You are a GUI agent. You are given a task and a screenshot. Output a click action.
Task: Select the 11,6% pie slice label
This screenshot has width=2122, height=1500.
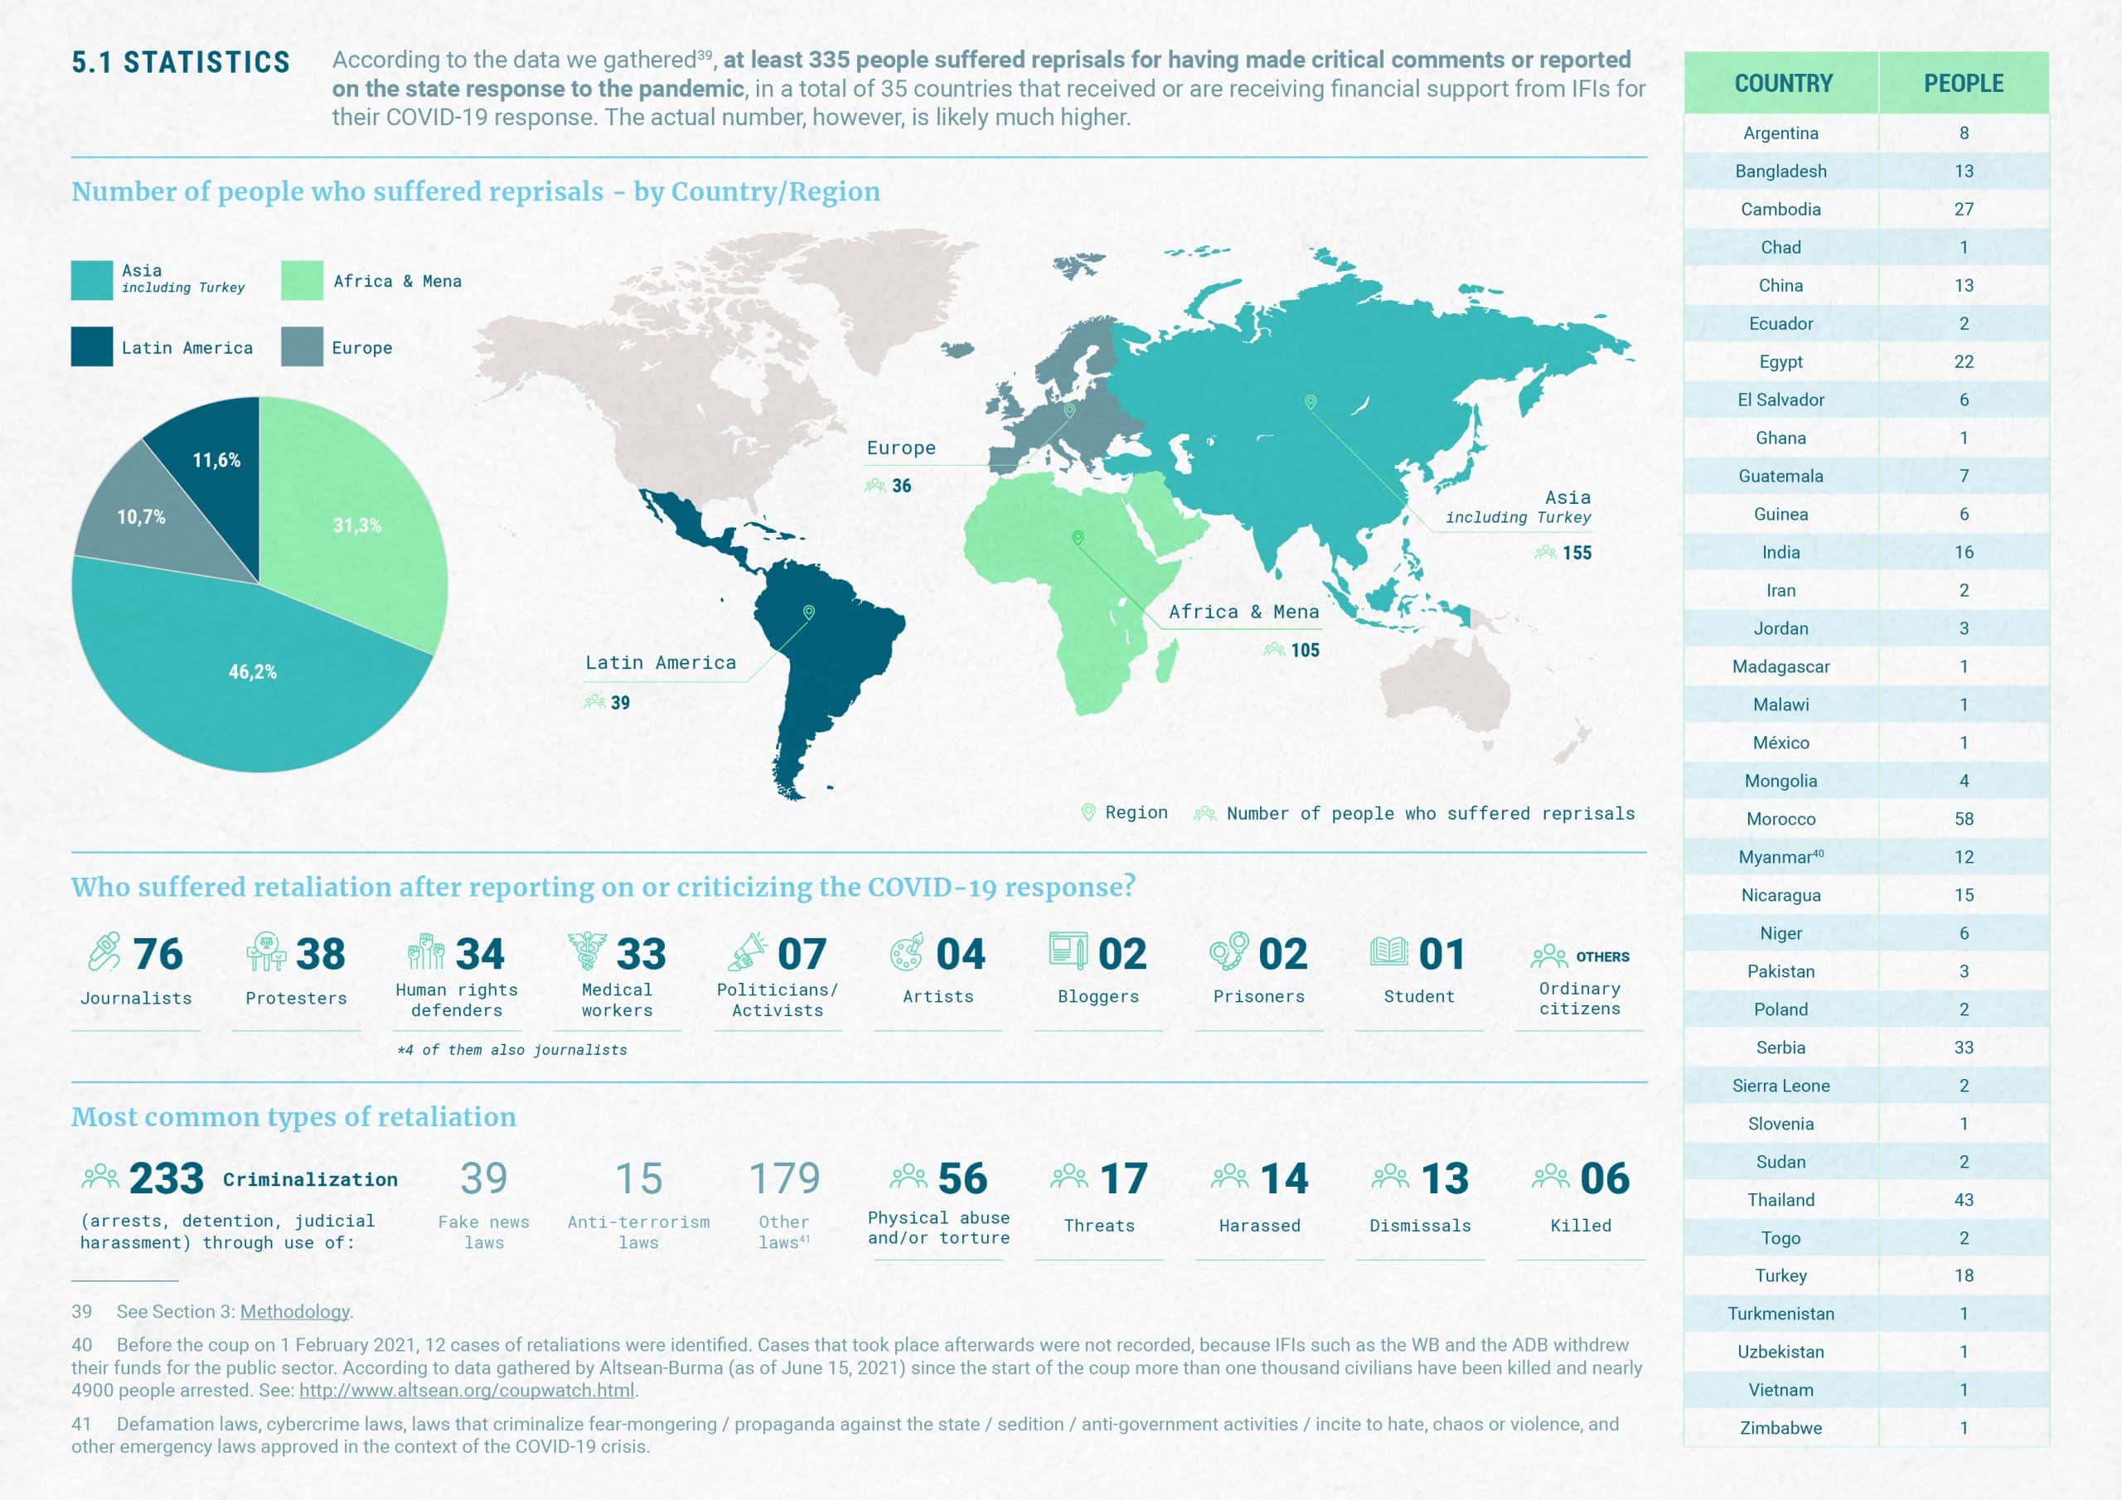[216, 460]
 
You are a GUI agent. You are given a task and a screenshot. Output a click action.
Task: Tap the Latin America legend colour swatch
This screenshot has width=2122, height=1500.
[91, 346]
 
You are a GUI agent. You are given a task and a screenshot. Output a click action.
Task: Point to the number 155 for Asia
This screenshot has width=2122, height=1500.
[1577, 553]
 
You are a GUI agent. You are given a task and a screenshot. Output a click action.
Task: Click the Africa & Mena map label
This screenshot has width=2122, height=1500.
[1243, 612]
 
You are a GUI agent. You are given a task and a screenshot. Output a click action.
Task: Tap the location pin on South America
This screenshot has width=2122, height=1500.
[809, 612]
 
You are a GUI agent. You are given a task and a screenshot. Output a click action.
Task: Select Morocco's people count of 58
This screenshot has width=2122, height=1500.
[1963, 819]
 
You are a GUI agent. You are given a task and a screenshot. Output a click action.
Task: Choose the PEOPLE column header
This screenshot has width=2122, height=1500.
[1963, 83]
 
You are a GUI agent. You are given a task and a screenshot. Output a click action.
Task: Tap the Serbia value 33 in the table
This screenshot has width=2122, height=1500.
[1963, 1048]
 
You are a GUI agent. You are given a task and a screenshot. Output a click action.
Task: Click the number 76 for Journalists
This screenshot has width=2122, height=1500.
[158, 954]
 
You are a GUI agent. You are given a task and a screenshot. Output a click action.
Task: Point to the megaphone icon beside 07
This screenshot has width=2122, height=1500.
[748, 952]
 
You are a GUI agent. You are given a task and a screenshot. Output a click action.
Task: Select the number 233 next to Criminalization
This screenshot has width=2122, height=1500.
[167, 1178]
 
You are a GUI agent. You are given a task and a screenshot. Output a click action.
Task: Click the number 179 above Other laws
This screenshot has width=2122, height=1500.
[784, 1178]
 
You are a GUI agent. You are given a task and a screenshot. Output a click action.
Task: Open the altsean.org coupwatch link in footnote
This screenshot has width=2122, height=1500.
[467, 1390]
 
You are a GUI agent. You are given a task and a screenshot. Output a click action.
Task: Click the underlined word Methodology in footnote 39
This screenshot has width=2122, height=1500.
[295, 1311]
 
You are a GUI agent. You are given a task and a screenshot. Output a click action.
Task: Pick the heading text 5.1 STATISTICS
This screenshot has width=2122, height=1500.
[182, 62]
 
